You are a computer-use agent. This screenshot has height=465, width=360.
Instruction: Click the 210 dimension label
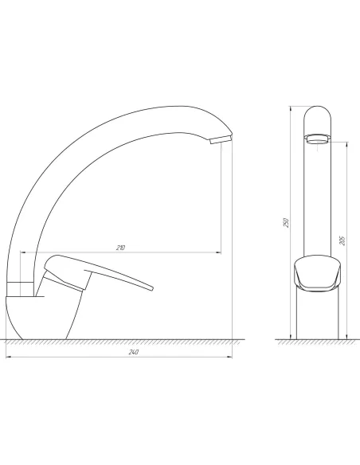pos(121,248)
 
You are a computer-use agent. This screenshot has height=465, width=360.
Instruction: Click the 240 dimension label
pos(134,352)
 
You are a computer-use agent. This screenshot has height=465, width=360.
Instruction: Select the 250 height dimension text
pos(286,223)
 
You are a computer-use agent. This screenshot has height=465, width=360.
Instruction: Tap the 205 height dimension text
pos(342,240)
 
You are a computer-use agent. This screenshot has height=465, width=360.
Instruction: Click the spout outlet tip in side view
pos(221,139)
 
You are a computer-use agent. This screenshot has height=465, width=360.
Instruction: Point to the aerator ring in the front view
pos(318,139)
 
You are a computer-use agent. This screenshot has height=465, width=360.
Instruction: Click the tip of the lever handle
pos(152,288)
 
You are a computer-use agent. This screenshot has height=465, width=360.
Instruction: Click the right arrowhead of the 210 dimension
pos(219,252)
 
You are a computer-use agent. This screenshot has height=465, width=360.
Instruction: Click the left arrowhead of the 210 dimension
pos(23,252)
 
